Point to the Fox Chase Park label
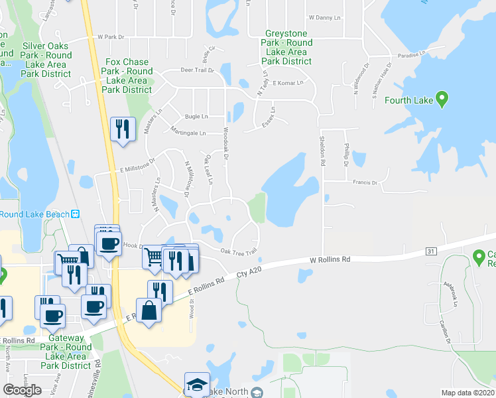128,76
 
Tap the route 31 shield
431,251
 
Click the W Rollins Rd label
330,261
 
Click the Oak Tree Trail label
238,251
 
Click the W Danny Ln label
324,18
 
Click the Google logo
22,389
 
